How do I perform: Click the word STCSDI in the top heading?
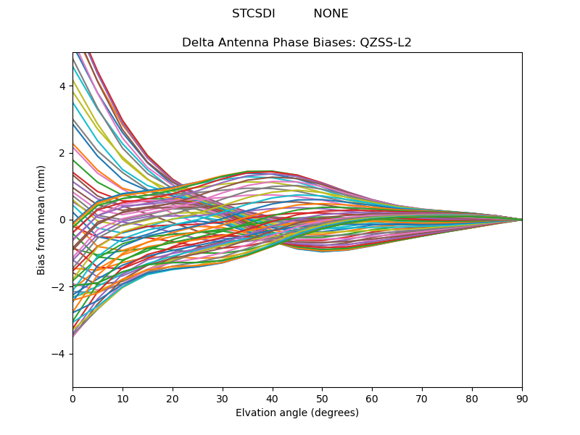253,14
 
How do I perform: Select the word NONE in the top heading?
331,14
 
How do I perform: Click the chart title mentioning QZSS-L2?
297,43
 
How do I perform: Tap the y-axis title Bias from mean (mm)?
42,220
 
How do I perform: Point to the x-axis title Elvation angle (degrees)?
297,413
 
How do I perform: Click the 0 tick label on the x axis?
72,398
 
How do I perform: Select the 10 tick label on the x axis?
123,398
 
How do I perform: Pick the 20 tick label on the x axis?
173,398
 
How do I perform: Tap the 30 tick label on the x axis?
223,398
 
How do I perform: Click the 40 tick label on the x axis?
273,398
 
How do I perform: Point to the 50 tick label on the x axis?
322,398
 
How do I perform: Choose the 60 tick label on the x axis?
372,398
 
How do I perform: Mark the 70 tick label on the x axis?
422,398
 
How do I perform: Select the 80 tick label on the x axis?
472,398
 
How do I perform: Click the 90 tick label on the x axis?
522,398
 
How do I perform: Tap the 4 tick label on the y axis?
62,86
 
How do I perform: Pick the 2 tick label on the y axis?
62,153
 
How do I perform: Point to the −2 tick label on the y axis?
59,287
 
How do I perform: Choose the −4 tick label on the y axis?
59,354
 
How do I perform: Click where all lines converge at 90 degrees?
521,220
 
